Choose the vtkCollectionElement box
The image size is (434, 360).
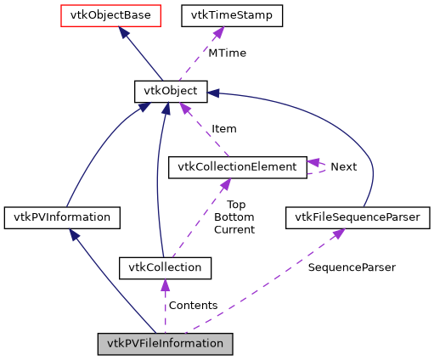click(237, 166)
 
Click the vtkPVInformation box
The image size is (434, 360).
click(61, 217)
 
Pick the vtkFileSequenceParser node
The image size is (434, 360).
click(358, 217)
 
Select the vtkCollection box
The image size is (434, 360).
click(165, 267)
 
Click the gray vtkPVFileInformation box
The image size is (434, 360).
click(165, 344)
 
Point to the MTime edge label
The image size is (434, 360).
click(227, 53)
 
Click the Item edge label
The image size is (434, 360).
click(223, 128)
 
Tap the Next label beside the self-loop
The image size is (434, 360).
click(343, 166)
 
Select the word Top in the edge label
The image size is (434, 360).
click(235, 205)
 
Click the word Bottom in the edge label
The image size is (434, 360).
click(234, 217)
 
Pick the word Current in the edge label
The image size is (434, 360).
click(234, 229)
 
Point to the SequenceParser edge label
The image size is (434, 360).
click(351, 267)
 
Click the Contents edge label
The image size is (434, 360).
click(193, 305)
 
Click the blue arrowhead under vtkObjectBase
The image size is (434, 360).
click(124, 32)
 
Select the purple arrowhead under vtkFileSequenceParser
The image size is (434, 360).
click(337, 233)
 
